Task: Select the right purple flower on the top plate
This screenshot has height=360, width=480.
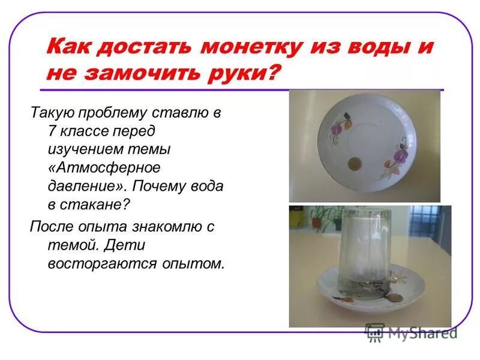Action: tap(395, 161)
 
